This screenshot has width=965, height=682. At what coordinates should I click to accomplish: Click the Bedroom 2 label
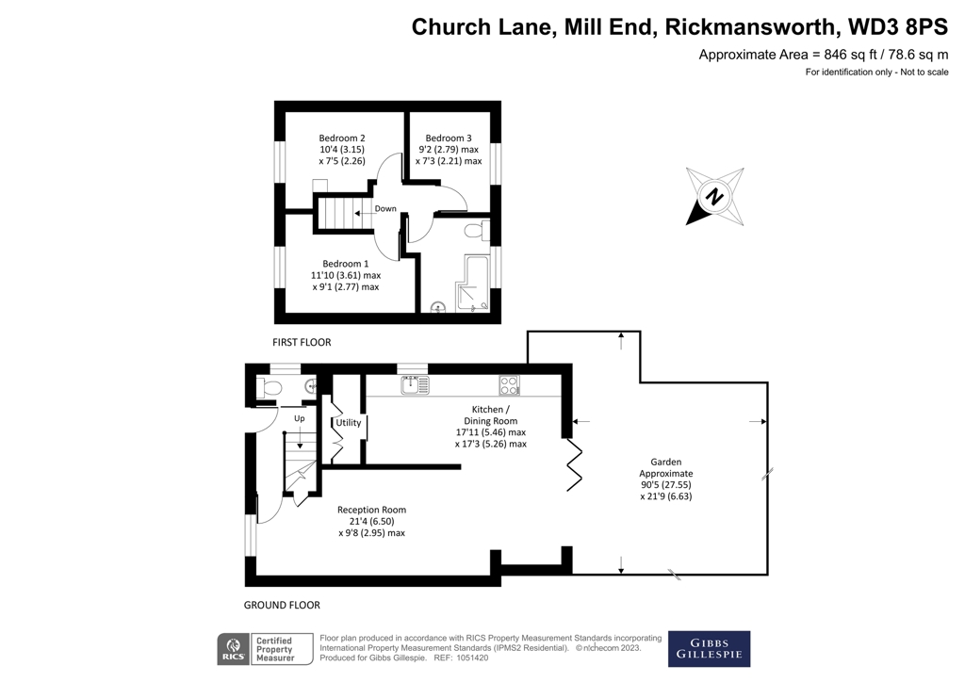[341, 138]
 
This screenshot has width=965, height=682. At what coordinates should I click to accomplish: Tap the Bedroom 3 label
[448, 138]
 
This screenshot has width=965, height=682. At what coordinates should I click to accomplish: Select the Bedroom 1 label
[345, 264]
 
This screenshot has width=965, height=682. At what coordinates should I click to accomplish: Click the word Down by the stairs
[385, 208]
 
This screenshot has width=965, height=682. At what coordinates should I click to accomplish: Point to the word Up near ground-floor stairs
[299, 418]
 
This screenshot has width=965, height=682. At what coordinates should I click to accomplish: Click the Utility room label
[349, 423]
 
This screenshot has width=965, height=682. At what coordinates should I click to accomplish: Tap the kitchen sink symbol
[415, 385]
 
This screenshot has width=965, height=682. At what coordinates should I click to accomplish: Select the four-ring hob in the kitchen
[509, 385]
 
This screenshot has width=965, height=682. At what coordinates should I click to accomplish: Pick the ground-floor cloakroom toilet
[269, 388]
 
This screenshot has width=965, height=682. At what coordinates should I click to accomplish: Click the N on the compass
[714, 197]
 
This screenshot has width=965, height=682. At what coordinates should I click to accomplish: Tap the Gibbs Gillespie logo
[709, 649]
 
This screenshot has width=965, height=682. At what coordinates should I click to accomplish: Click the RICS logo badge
[234, 649]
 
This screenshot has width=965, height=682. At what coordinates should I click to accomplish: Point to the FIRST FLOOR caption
[302, 342]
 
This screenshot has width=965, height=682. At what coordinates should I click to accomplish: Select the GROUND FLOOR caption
[282, 605]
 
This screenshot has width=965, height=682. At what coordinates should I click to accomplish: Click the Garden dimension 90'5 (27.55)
[666, 484]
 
